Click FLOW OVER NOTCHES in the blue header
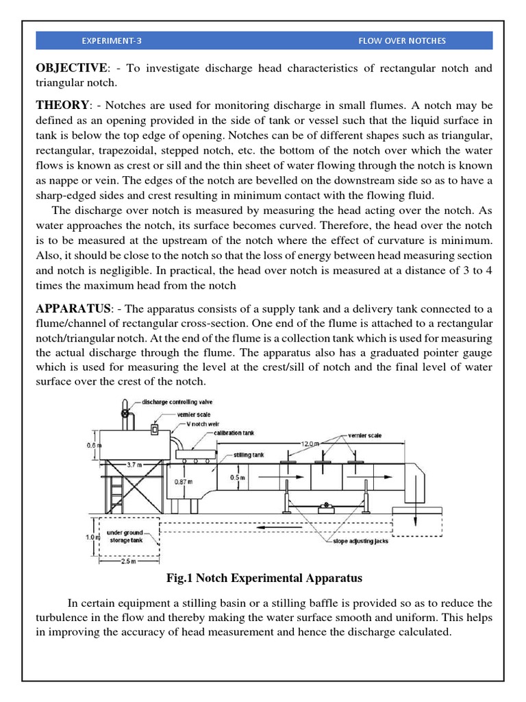[401, 40]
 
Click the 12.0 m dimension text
[312, 444]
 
